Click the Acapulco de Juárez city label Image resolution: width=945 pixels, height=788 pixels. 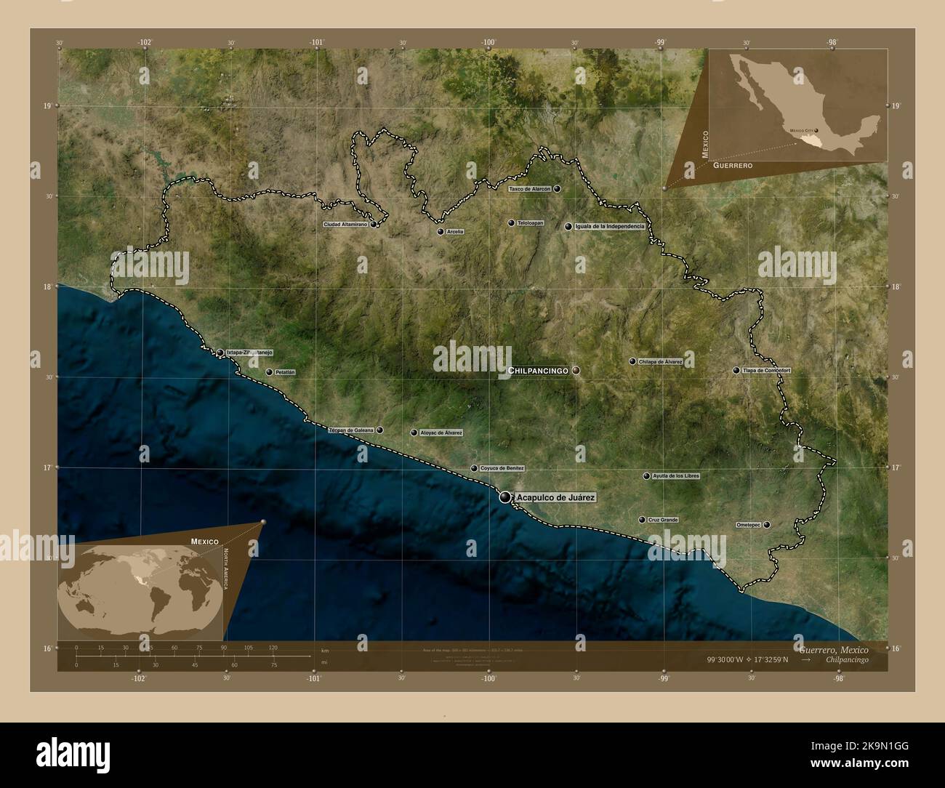tap(555, 498)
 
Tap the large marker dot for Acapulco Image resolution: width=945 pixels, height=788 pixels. tap(505, 497)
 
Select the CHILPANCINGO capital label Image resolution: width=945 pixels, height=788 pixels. tap(538, 371)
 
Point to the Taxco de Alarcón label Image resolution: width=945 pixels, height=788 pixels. tap(529, 189)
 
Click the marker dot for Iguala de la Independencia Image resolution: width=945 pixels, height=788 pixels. tap(568, 227)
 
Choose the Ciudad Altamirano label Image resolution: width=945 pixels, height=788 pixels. tap(345, 225)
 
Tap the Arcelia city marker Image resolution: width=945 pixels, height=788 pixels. tap(441, 232)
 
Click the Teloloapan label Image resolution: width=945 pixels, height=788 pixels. tap(530, 223)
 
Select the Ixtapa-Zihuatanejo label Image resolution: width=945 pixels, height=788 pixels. tap(249, 353)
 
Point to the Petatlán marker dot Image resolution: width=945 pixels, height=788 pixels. tap(269, 372)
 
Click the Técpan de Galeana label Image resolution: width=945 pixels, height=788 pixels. tap(351, 430)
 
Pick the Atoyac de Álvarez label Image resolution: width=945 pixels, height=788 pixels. tap(441, 433)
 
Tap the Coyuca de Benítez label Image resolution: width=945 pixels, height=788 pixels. tap(502, 469)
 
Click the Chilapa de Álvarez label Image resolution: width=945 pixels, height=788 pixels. tap(660, 361)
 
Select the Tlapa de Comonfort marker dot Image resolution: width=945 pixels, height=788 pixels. tap(736, 371)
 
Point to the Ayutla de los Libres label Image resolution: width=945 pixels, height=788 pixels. tap(676, 476)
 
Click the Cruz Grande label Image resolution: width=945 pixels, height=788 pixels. tap(662, 520)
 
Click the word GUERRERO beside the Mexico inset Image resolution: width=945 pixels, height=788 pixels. tap(732, 166)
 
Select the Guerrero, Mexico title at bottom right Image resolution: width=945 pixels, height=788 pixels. tap(832, 649)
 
